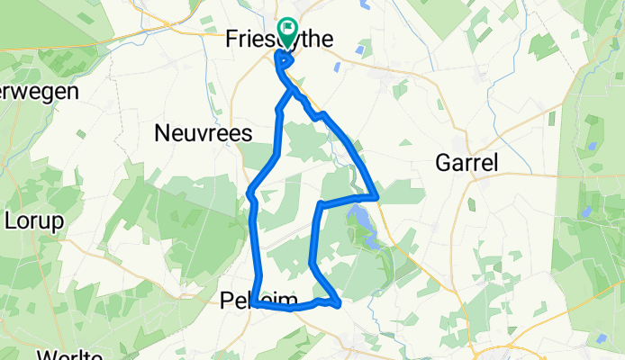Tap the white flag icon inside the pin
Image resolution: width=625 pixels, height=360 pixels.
[x=288, y=31]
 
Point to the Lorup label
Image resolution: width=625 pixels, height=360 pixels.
[x=34, y=220]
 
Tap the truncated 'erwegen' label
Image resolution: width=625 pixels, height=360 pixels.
[x=41, y=91]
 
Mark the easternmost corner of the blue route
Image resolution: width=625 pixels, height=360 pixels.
[x=376, y=195]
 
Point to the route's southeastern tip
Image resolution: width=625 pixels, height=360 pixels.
[x=339, y=305]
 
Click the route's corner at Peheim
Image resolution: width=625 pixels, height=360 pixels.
[x=256, y=304]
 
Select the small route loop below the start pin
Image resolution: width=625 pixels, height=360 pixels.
[x=285, y=60]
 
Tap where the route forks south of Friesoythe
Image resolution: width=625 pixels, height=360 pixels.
[x=290, y=90]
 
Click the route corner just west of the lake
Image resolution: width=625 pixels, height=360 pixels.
[x=321, y=206]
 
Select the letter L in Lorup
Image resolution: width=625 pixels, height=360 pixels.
[x=12, y=220]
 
